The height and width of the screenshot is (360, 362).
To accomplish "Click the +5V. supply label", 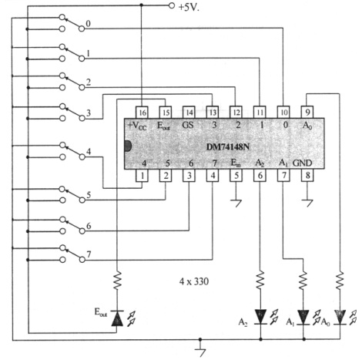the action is pos(189,8).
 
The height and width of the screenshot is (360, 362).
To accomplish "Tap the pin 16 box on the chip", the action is pos(142,113).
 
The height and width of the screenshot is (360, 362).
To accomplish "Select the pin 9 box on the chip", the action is pos(307,113).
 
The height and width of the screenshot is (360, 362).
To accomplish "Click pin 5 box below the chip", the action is pos(236,176).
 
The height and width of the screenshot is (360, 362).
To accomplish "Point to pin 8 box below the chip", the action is pos(307,176).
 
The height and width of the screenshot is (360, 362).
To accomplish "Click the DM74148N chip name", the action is pos(228,147).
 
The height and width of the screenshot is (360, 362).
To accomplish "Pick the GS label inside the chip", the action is pos(188,125).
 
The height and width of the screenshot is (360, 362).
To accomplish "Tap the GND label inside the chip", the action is pos(303,163).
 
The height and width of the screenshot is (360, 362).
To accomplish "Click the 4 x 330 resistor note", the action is pos(194,281).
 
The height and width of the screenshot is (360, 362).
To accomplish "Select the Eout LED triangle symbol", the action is pos(117,318).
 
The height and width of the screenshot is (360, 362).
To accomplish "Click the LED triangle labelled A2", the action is pos(260,317).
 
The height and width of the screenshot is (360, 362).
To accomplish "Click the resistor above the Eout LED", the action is pos(117,280).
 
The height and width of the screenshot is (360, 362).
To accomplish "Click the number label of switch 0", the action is pos(88,24).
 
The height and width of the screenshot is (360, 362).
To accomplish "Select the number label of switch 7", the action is pos(89,254).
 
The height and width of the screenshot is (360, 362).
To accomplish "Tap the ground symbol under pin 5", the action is pos(236,204).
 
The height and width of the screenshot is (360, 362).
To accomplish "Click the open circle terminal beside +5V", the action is pos(172,5).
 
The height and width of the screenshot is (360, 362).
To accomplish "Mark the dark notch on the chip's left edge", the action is pos(128,146).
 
